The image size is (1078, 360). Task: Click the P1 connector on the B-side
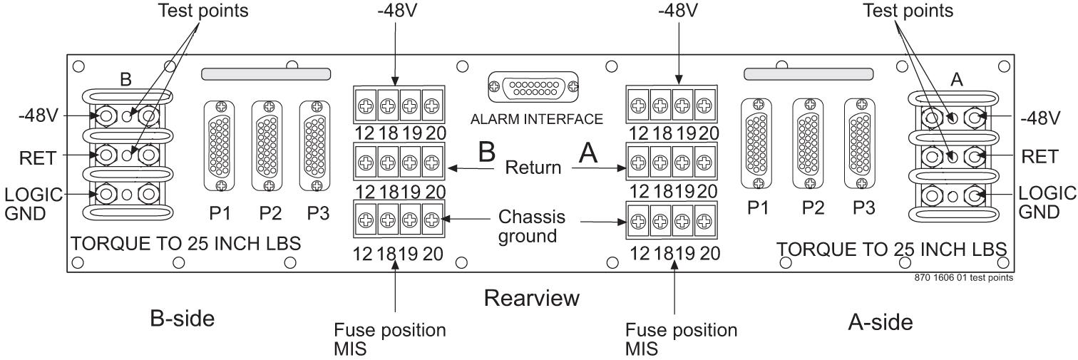(x=220, y=145)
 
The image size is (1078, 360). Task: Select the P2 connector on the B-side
(x=268, y=145)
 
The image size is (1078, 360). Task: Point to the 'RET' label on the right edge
(x=1037, y=158)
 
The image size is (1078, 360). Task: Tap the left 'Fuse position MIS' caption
(x=391, y=340)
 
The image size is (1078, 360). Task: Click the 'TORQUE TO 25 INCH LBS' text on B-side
(x=186, y=244)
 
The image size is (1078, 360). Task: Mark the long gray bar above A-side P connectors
(x=808, y=74)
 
